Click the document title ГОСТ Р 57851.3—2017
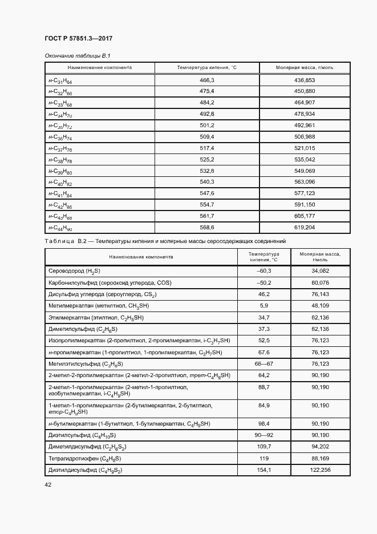click(78, 39)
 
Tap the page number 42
click(48, 484)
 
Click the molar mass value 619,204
click(304, 227)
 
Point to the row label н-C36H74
click(60, 137)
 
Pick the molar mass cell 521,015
click(304, 148)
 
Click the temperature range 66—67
click(264, 363)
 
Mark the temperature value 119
click(264, 458)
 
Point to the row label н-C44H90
click(60, 228)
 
